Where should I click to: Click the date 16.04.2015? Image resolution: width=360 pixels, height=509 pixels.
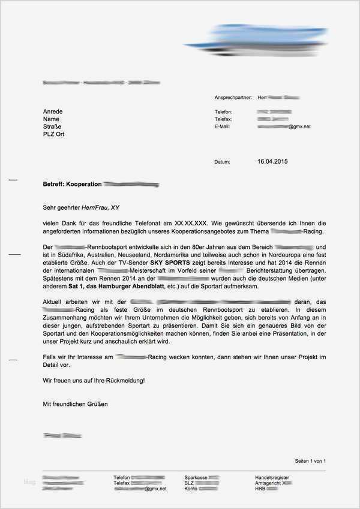click(273, 162)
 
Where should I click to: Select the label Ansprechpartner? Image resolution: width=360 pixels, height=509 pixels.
click(232, 97)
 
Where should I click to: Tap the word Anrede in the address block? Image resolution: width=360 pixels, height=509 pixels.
click(53, 112)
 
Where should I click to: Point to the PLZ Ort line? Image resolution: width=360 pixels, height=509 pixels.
click(54, 134)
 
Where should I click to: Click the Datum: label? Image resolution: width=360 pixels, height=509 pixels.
click(222, 162)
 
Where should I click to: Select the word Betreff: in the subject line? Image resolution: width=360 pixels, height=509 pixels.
click(53, 184)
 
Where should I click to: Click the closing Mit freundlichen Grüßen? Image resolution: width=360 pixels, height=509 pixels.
click(76, 404)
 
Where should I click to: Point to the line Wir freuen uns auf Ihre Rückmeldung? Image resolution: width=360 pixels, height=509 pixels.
click(94, 380)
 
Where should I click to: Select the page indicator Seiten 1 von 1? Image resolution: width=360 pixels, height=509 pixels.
click(310, 461)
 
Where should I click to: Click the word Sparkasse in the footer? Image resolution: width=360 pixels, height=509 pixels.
click(196, 477)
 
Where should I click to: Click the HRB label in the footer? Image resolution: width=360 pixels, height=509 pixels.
click(261, 489)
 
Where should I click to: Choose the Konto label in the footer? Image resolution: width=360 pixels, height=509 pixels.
click(191, 489)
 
